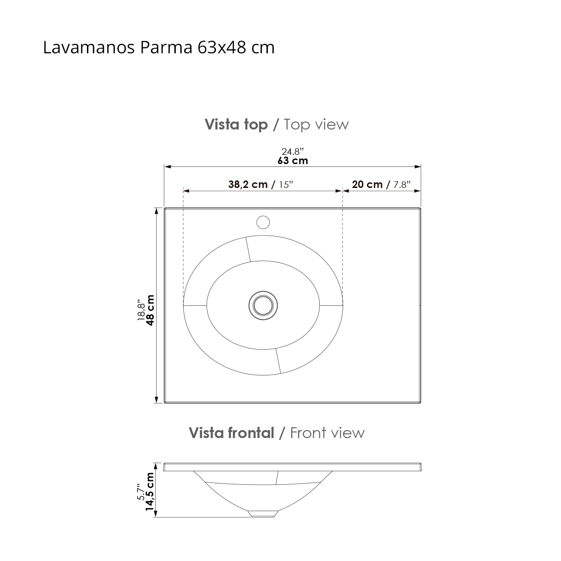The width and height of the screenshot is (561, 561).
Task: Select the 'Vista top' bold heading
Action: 236,124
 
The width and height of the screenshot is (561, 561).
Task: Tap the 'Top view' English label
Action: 316,124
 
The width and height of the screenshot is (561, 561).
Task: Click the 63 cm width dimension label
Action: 293,161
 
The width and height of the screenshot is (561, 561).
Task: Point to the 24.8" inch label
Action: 293,151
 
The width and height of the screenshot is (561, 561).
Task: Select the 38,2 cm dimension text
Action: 248,184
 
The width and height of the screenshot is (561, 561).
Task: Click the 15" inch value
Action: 285,185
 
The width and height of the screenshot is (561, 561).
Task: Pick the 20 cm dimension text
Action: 367,184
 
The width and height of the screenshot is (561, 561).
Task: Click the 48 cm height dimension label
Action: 150,310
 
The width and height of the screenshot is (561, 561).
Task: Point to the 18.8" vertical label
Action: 141,310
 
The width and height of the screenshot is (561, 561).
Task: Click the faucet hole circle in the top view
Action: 264,222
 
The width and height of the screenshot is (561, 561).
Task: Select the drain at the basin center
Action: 263,305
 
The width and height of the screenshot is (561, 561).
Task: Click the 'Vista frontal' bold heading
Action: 231,433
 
